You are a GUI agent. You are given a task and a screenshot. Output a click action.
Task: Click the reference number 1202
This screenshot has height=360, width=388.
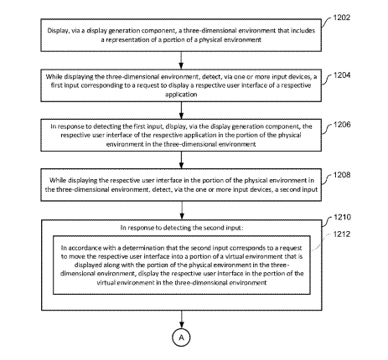tap(342, 18)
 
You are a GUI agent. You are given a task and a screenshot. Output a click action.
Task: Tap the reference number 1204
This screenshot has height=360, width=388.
tap(342, 75)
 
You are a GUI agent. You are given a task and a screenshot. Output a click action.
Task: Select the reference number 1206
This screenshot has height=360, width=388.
tap(342, 125)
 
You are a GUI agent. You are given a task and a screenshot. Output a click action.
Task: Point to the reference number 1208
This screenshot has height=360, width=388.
tap(342, 175)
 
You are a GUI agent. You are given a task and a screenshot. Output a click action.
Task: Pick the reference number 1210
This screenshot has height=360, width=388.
tap(342, 217)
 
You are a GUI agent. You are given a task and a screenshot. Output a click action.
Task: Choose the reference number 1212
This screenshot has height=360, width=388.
tap(342, 234)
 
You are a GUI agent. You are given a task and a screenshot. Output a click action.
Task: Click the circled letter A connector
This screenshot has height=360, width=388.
tap(181, 337)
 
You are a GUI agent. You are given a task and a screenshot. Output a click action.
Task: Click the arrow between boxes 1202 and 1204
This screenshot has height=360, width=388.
tap(181, 60)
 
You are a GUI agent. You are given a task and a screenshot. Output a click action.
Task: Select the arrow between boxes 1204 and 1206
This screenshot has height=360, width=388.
tap(181, 111)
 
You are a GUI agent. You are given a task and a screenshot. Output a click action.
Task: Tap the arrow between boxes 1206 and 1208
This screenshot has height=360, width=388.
tap(181, 160)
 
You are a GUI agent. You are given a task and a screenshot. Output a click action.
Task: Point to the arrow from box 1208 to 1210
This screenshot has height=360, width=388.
tap(182, 210)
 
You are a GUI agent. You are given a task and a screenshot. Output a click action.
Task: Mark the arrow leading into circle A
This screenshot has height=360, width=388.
tap(182, 319)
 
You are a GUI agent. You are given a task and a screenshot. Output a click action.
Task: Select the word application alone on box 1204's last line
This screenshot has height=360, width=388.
tap(181, 95)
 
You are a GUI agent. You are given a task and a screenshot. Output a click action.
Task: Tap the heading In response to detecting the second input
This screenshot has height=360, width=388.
tap(182, 228)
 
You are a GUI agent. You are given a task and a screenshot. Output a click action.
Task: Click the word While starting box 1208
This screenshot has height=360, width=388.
tap(58, 180)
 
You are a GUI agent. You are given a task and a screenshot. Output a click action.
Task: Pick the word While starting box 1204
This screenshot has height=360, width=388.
tap(54, 76)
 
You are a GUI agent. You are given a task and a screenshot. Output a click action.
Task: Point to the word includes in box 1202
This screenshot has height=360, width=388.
tap(303, 30)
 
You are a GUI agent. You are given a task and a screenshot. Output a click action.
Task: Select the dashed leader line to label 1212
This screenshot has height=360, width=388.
tap(321, 243)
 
